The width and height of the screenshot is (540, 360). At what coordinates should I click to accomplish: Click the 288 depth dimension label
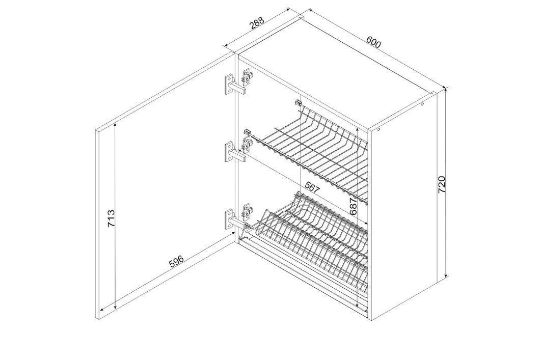click(x=257, y=23)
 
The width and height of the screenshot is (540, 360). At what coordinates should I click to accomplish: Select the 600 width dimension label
click(x=373, y=42)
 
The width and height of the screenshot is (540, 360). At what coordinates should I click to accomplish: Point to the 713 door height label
click(x=111, y=218)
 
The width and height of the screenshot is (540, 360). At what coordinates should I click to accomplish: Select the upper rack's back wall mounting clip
click(x=298, y=102)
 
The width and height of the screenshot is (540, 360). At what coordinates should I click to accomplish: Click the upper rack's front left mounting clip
click(x=248, y=132)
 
